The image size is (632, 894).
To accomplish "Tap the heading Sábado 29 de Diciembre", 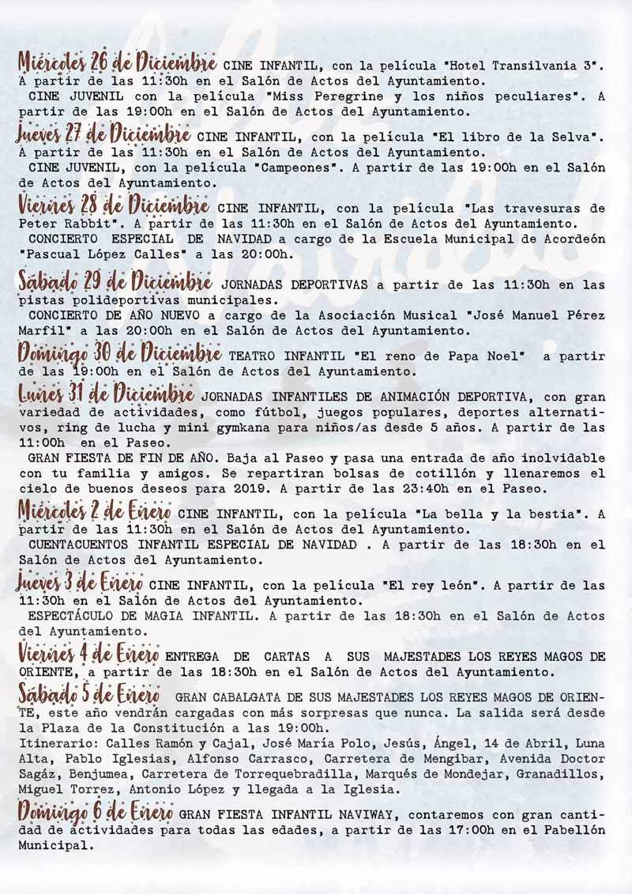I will pos(115,282).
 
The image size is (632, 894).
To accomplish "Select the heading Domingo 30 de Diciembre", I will pos(119,353).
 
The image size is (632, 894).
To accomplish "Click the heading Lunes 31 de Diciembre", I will pos(105,393).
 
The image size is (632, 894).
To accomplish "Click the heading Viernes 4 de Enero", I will pos(89,654).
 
